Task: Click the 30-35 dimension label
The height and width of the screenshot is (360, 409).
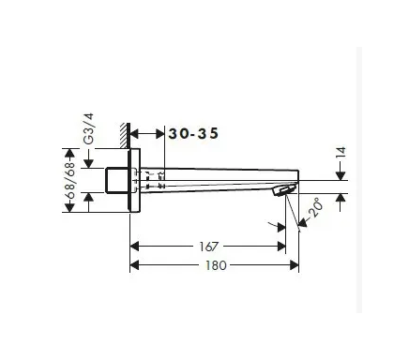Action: pos(193,134)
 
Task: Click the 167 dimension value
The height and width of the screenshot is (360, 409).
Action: pos(208,247)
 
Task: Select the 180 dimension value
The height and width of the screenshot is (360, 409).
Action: pos(216,265)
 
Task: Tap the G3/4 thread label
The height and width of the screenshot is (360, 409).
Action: pos(89,128)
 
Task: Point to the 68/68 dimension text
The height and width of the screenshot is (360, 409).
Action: pos(69,180)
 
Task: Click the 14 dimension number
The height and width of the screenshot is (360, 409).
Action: pos(341,153)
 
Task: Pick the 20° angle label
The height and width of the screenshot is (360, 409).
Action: pos(315,207)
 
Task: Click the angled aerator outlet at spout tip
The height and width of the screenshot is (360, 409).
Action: pos(285,190)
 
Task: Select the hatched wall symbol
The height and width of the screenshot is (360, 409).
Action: pos(125,135)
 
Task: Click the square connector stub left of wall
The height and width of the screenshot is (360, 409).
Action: pos(116,181)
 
